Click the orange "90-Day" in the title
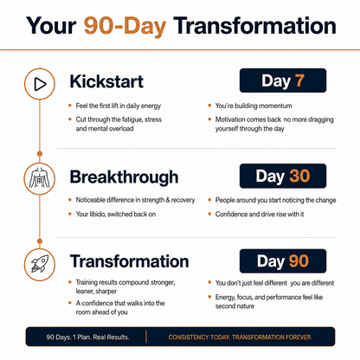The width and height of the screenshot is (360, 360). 125,26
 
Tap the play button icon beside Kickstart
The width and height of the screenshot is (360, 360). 40,84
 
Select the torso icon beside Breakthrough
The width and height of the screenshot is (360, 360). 40,178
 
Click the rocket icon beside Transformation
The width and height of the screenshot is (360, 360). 40,265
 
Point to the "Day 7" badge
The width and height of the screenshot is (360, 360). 283,80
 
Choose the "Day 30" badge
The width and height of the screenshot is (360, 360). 283,176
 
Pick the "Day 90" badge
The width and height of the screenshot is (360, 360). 283,261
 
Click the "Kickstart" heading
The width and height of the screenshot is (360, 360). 106,81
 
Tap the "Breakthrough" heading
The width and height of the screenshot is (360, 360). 124,177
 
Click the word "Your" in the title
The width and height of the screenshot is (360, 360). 51,26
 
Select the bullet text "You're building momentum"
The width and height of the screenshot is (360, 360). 254,106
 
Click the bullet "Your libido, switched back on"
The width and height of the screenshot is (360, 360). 116,214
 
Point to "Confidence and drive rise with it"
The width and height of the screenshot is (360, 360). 260,214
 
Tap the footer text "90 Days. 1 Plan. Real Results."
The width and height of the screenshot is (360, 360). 87,337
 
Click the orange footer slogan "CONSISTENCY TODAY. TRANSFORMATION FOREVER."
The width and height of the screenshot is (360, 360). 241,337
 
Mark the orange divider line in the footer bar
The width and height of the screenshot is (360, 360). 146,337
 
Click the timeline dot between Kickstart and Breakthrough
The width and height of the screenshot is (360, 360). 40,154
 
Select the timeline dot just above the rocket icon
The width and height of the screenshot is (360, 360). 40,241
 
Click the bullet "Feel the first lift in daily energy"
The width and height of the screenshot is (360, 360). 119,106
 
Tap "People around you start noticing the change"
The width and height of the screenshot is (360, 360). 276,200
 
